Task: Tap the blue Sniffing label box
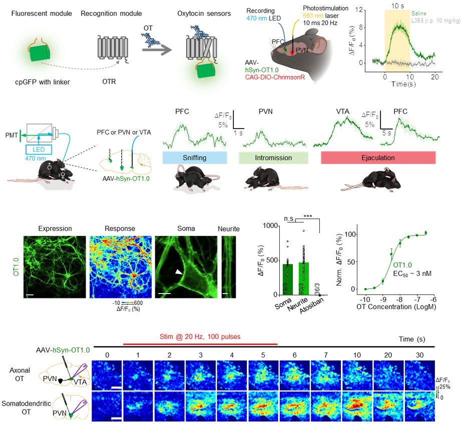click(195, 157)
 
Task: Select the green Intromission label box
click(273, 157)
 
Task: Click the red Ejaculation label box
click(378, 157)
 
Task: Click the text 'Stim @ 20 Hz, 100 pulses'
click(200, 337)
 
